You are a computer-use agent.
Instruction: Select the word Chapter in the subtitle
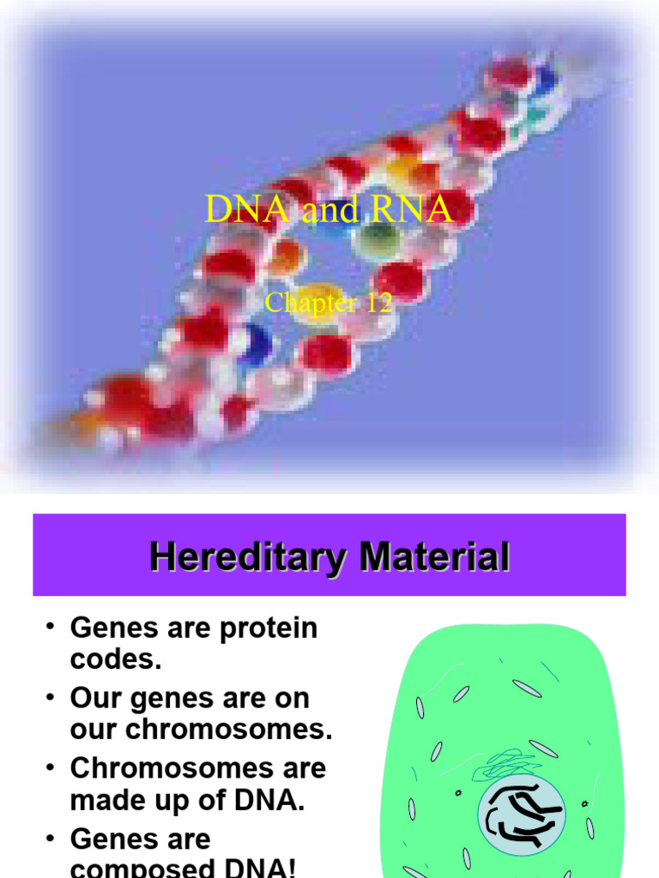click(310, 303)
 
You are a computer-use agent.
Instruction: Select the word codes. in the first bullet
click(116, 661)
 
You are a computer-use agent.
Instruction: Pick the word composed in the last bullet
click(142, 868)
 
